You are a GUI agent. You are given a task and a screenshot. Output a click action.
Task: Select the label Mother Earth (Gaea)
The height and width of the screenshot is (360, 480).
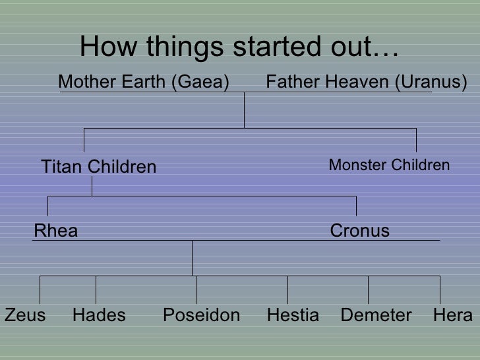(x=144, y=82)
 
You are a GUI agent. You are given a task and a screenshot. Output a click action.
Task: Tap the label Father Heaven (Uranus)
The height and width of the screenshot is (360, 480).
(x=366, y=82)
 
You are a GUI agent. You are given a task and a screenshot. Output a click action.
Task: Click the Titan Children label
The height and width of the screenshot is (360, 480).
(x=99, y=167)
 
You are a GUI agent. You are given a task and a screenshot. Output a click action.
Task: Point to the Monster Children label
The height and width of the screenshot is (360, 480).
(x=389, y=165)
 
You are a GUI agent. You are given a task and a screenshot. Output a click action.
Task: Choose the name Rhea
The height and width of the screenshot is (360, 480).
(x=55, y=231)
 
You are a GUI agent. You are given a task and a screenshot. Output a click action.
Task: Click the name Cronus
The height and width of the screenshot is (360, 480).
(x=359, y=231)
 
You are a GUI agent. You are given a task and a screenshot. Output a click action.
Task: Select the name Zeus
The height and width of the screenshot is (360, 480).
(x=25, y=315)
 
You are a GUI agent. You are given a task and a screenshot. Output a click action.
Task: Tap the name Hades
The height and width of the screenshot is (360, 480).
(x=99, y=315)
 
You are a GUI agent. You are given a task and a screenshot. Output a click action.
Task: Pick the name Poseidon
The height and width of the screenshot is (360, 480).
(x=201, y=315)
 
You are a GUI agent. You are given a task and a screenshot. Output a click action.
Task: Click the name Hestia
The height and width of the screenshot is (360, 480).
(x=293, y=315)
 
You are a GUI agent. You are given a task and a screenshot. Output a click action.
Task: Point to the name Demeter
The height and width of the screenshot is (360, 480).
(x=376, y=315)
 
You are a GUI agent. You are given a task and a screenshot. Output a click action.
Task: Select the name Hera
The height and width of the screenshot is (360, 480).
(x=453, y=315)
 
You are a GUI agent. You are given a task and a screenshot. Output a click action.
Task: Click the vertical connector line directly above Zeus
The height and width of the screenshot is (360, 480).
(x=41, y=289)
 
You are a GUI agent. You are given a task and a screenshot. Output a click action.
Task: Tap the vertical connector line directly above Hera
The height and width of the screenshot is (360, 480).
(x=439, y=289)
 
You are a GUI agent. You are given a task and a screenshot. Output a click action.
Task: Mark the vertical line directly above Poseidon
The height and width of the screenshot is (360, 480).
(x=196, y=289)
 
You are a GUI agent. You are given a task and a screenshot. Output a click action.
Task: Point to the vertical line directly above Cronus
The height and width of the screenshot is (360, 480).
(x=357, y=206)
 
